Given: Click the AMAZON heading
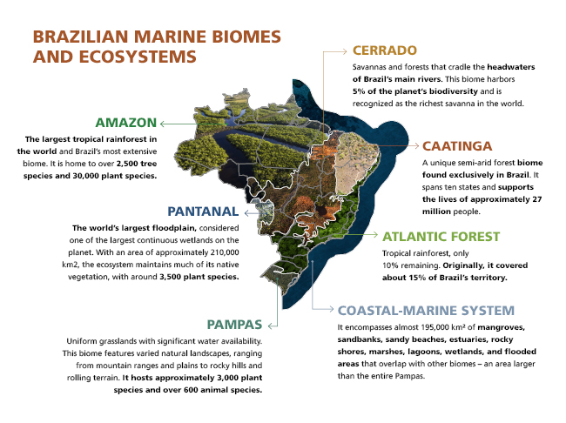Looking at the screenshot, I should [125, 122].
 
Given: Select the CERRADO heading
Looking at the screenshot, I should [385, 50].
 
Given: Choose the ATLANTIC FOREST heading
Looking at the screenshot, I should [441, 236].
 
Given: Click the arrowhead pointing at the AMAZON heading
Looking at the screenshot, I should [164, 123].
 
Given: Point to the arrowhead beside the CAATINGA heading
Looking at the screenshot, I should [414, 146].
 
